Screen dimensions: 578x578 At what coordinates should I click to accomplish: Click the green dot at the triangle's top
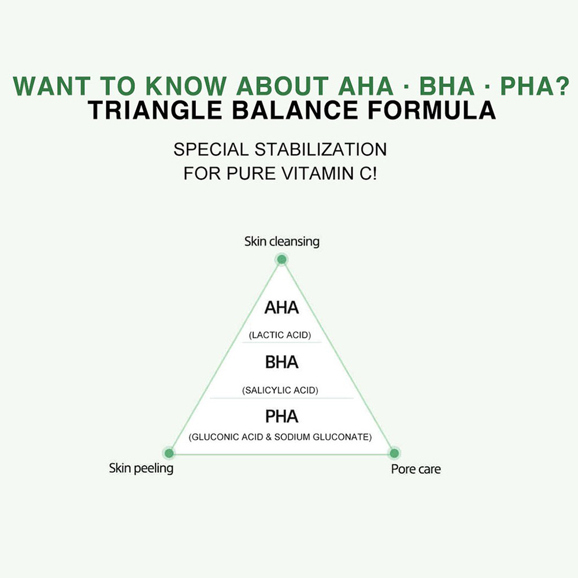[x=281, y=260]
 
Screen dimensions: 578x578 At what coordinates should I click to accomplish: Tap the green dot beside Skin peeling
[x=169, y=453]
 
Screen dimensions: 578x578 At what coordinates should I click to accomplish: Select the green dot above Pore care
[x=394, y=453]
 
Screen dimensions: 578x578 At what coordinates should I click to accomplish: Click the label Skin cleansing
[x=281, y=242]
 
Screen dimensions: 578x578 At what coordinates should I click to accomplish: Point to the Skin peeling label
[x=141, y=468]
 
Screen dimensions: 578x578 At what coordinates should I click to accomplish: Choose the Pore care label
[x=416, y=469]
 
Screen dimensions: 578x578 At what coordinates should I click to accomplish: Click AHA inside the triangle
[x=281, y=307]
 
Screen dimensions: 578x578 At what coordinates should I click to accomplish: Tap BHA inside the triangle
[x=281, y=362]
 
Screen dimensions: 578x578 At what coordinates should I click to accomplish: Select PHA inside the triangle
[x=281, y=417]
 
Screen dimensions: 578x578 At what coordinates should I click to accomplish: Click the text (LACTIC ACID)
[x=280, y=335]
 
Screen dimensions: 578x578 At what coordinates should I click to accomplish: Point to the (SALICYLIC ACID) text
[x=280, y=390]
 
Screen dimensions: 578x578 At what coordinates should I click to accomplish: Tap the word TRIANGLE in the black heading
[x=155, y=110]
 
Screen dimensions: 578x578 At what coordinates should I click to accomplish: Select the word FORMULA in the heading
[x=432, y=110]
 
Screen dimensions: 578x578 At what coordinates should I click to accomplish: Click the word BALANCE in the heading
[x=295, y=110]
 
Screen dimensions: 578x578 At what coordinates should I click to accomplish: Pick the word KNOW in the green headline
[x=186, y=86]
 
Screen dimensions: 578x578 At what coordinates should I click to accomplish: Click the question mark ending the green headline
[x=562, y=86]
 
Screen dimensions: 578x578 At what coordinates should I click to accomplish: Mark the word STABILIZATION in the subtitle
[x=321, y=150]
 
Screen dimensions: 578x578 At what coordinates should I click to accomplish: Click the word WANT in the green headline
[x=51, y=86]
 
